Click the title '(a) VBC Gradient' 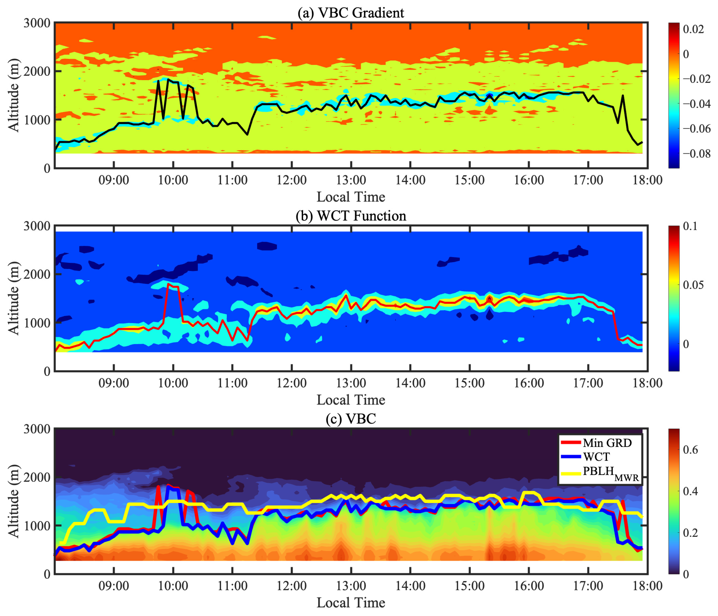(351, 13)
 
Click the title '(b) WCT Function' (351, 216)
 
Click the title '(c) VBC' (351, 419)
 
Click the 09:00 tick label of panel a (114, 180)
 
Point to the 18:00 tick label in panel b (647, 383)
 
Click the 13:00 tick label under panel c (351, 586)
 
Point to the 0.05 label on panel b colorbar (693, 285)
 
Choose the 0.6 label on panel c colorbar (690, 450)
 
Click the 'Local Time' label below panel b (351, 400)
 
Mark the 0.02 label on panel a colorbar (693, 29)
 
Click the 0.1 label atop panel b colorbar (690, 226)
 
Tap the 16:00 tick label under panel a (529, 180)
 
